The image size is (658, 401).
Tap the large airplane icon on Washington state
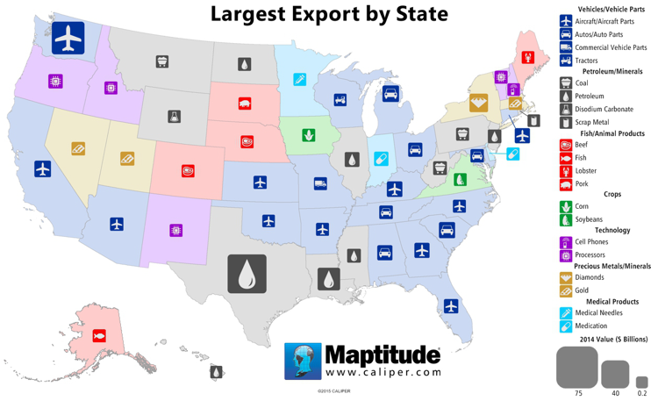(x=68, y=39)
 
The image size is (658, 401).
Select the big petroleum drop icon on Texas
(x=247, y=274)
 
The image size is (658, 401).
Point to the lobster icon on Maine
(x=528, y=57)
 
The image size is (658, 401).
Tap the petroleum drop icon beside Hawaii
(x=216, y=373)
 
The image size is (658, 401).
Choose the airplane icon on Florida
(x=451, y=306)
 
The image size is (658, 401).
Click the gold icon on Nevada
(x=78, y=149)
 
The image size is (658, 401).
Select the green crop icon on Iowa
(x=309, y=136)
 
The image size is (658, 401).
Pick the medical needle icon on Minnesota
(x=300, y=81)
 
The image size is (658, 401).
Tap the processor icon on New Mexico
(x=175, y=230)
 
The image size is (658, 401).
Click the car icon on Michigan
(x=391, y=94)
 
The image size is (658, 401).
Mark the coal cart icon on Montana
(x=162, y=62)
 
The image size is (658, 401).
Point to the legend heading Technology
(x=612, y=230)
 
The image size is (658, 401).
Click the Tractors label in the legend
(x=586, y=61)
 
